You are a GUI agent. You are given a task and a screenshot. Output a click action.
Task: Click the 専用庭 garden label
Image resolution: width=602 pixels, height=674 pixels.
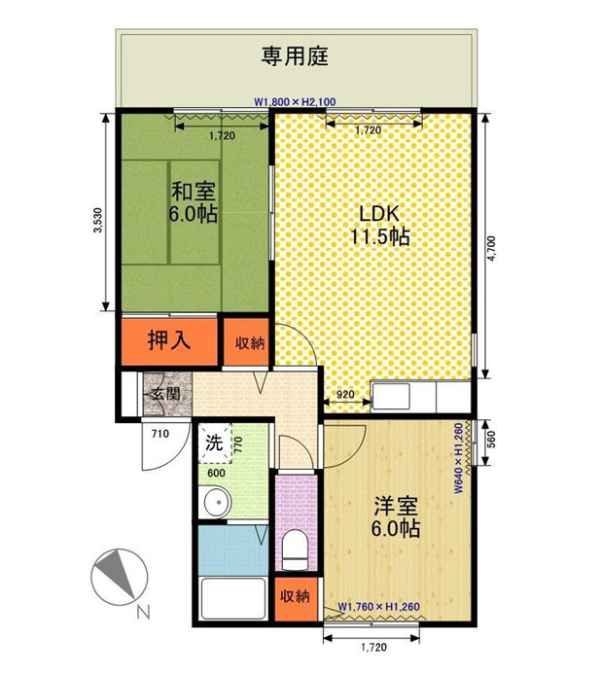coord(295,56)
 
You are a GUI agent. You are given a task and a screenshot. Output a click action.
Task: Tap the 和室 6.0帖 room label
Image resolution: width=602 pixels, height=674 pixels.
coord(194,202)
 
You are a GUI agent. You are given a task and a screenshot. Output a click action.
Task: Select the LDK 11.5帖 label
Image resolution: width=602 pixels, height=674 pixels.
coord(380,225)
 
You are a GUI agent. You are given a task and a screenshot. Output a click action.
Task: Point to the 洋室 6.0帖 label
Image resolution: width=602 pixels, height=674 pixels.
coord(395,517)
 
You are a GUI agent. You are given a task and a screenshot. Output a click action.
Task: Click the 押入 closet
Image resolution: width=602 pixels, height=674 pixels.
coord(169,341)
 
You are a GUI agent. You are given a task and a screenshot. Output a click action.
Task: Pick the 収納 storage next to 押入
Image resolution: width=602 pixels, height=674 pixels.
coord(246,342)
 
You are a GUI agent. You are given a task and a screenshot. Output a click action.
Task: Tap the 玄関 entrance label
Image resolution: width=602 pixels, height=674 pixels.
coord(166,393)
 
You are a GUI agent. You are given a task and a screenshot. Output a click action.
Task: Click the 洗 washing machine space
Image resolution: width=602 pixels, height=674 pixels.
coord(215,443)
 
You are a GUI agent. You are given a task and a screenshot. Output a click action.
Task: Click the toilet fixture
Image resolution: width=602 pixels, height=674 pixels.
coord(296,549)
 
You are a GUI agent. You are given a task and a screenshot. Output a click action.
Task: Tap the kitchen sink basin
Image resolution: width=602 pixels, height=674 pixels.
coord(391,396)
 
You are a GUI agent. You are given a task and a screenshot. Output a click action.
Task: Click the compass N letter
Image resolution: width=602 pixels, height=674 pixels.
coord(144,612)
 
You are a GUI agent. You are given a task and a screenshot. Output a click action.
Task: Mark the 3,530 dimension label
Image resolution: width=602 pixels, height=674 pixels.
coord(99,220)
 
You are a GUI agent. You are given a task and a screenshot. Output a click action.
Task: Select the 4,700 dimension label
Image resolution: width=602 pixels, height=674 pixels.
coord(491,248)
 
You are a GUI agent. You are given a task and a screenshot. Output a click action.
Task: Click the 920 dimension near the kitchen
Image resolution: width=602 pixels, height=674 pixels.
coord(345,394)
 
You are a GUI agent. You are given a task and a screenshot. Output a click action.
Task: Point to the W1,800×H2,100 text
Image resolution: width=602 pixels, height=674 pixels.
coord(295,102)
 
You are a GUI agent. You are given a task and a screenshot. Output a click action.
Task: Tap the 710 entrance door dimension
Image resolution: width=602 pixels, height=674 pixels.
coord(159,434)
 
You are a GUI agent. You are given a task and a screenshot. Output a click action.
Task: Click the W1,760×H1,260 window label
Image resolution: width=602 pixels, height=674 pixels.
coord(379,607)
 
